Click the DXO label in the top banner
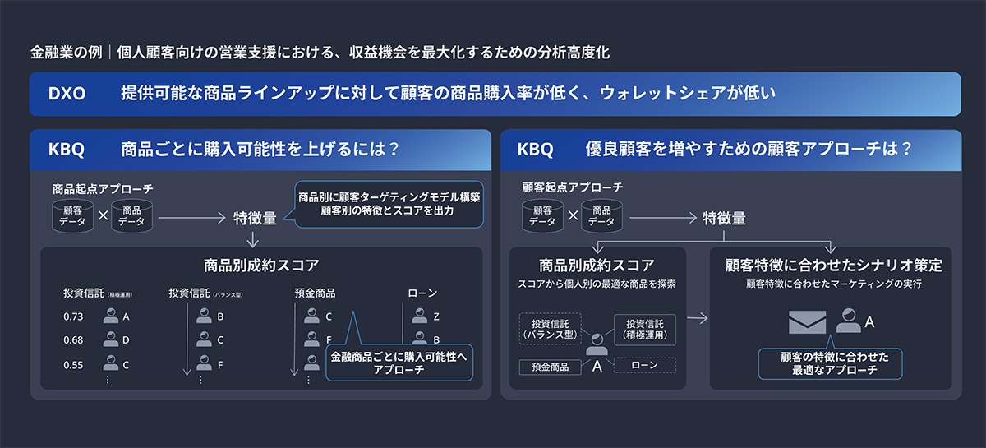click(x=67, y=94)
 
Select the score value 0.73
click(x=73, y=316)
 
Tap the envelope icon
click(x=807, y=322)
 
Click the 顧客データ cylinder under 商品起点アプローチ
click(x=71, y=215)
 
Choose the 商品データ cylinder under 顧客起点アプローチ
click(x=601, y=215)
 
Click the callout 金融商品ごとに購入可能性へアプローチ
click(x=399, y=363)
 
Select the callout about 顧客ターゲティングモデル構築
click(x=389, y=204)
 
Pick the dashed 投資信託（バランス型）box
click(x=551, y=329)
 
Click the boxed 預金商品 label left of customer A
click(x=543, y=367)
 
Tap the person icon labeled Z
click(x=419, y=316)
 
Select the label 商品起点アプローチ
click(x=103, y=189)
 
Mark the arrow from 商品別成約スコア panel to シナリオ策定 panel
click(x=698, y=317)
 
